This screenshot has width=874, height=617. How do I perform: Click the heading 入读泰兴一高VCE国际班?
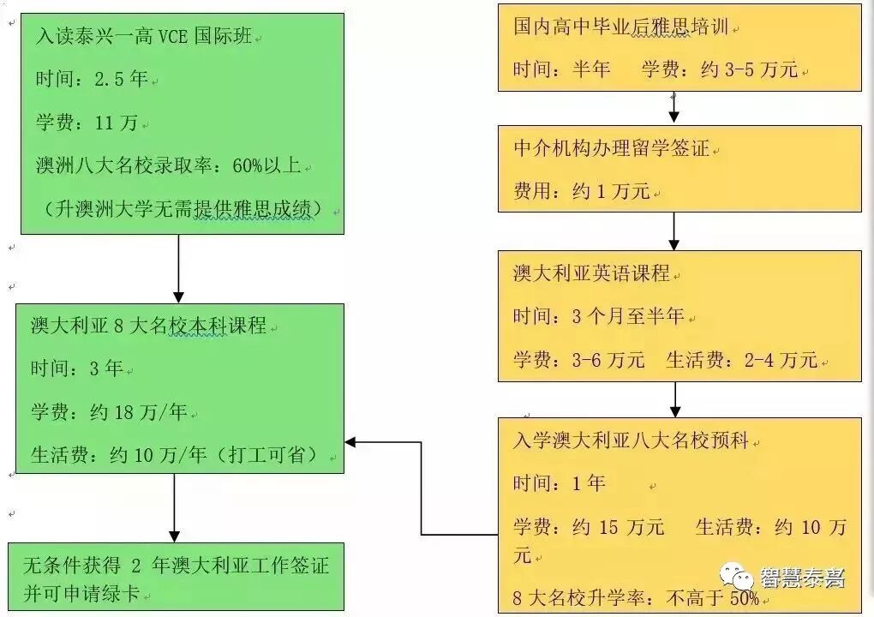[x=144, y=37]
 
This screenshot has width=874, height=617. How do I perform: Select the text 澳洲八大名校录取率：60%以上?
[x=168, y=165]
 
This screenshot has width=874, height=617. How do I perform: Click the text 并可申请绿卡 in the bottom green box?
[x=81, y=593]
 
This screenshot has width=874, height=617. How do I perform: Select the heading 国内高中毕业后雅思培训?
[x=620, y=27]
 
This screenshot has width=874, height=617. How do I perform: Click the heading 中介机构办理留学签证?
[x=611, y=147]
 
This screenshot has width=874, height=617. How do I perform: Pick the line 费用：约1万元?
[x=582, y=191]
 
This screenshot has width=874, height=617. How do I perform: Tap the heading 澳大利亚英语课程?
[x=591, y=274]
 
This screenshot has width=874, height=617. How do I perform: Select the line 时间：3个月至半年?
[x=599, y=316]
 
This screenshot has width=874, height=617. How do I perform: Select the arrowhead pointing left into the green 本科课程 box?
[x=351, y=442]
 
